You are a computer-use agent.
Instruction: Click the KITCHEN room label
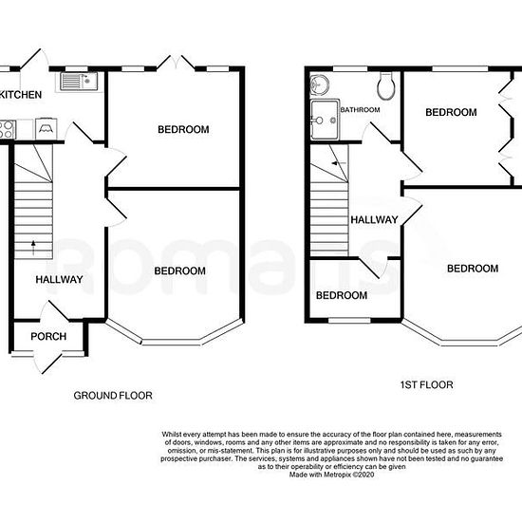tap(20, 95)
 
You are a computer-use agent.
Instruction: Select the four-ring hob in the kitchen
tap(5, 127)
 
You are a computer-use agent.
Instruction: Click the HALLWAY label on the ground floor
tap(60, 280)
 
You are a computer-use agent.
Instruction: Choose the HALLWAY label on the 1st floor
tap(374, 219)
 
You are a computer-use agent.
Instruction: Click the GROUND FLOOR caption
tap(113, 396)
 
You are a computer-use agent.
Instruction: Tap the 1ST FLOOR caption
tap(425, 385)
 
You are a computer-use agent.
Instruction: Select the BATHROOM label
tap(361, 110)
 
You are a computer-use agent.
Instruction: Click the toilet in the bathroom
tap(385, 86)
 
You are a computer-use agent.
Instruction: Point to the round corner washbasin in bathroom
tap(316, 84)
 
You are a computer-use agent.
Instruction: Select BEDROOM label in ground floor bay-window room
tap(179, 270)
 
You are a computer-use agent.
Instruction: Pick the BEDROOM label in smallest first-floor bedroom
tap(341, 295)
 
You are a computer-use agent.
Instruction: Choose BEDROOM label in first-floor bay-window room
tap(472, 269)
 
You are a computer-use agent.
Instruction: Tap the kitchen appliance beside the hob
tap(45, 127)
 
